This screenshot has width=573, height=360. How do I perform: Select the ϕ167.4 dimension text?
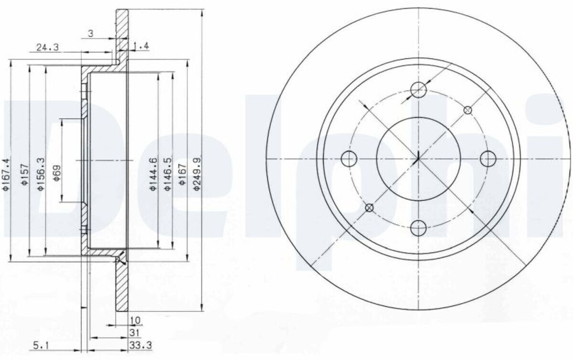[6, 174]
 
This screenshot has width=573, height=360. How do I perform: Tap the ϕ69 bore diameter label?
[57, 173]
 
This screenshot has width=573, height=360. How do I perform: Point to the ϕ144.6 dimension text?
[153, 174]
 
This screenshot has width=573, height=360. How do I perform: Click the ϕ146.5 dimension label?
[168, 174]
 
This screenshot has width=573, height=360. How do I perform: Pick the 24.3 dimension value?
[48, 47]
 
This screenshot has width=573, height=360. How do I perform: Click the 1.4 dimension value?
[141, 46]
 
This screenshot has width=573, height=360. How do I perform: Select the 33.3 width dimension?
[140, 345]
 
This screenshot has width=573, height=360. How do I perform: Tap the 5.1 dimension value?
[41, 346]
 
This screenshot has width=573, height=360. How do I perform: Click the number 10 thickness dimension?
[136, 320]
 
